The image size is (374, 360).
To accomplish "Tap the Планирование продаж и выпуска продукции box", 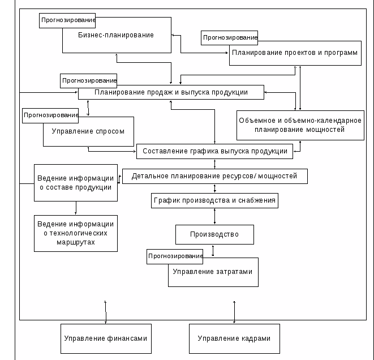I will click(x=171, y=92).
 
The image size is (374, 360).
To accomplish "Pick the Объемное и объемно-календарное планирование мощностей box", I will click(x=300, y=125).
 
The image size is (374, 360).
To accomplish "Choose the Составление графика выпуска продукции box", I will click(x=214, y=151).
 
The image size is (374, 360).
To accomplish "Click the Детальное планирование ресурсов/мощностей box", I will click(x=214, y=176).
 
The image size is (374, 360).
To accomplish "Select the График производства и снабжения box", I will click(x=214, y=200).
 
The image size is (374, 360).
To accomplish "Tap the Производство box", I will click(x=214, y=234).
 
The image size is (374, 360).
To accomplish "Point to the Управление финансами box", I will click(x=106, y=338).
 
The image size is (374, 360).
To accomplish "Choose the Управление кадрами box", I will click(x=234, y=338).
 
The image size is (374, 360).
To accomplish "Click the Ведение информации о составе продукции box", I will click(x=76, y=183).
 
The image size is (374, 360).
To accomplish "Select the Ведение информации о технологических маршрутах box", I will click(x=76, y=233).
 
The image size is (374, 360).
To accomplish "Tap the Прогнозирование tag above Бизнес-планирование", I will click(x=68, y=20).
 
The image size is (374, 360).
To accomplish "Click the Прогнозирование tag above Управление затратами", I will click(x=175, y=256).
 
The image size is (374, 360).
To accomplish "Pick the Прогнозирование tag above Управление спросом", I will click(x=51, y=115).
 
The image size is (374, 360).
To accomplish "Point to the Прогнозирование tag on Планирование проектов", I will click(x=230, y=38).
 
